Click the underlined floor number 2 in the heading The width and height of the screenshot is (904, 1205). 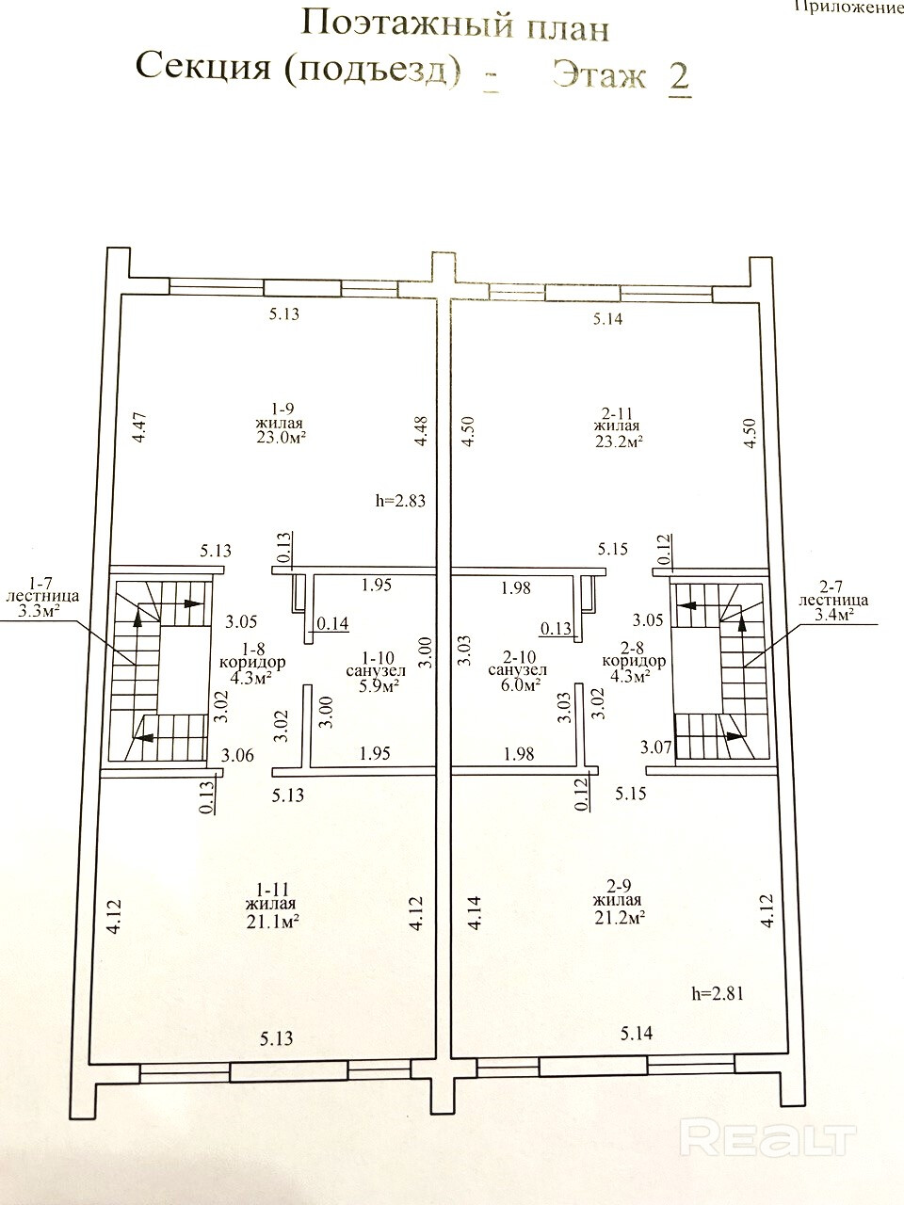click(680, 77)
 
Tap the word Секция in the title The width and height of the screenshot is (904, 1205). click(203, 67)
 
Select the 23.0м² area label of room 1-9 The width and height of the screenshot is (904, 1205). click(281, 438)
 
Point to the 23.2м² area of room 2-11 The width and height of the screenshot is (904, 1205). click(619, 441)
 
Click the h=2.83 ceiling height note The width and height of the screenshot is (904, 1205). click(400, 500)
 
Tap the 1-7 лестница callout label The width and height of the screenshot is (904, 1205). click(42, 588)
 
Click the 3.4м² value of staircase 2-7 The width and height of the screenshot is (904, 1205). click(833, 615)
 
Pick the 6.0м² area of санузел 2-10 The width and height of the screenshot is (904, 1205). click(518, 684)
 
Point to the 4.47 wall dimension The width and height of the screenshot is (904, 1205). click(140, 427)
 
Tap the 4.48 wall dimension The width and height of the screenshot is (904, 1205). click(420, 430)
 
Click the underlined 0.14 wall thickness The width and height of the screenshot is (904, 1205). click(332, 622)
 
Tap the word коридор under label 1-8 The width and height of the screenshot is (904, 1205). click(252, 662)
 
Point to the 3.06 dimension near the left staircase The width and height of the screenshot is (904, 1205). click(237, 755)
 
